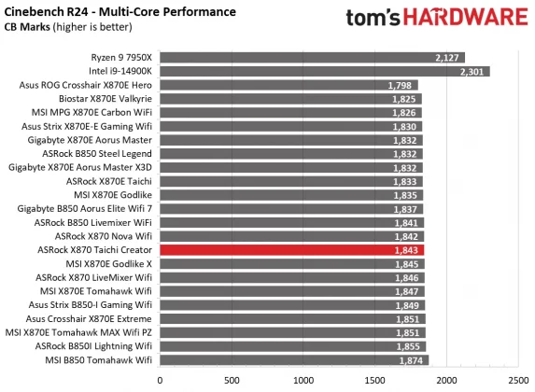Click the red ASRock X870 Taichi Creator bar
click(x=291, y=250)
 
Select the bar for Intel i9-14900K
click(x=324, y=71)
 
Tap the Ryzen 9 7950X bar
click(x=312, y=57)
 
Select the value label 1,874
click(x=411, y=360)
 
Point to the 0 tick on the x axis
click(x=161, y=379)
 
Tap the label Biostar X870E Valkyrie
click(x=99, y=99)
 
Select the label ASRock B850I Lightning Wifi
click(x=93, y=346)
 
